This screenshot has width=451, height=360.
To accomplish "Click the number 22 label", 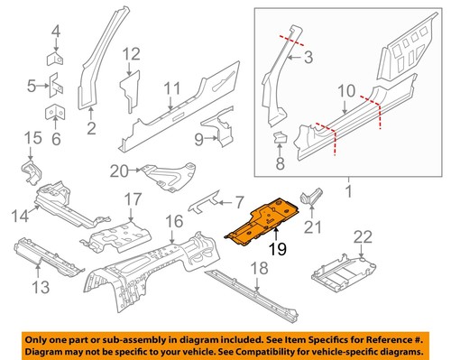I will coord(363,237).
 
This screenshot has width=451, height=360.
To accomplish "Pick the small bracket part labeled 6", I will coord(53,112).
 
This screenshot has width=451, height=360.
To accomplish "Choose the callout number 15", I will coord(32,138).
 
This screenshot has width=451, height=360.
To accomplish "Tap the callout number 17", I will coord(132,199).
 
